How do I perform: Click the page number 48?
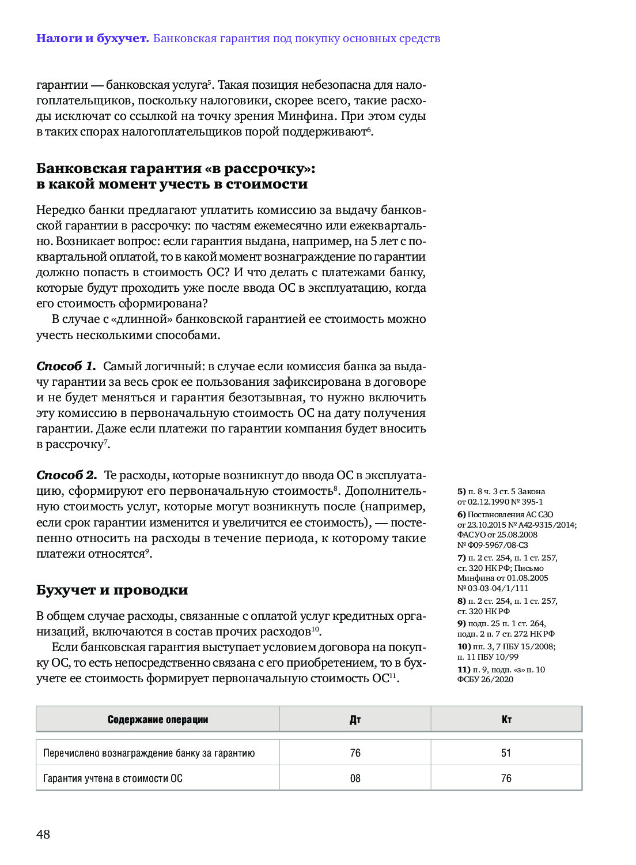click(x=43, y=834)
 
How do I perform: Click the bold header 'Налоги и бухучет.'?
click(x=92, y=39)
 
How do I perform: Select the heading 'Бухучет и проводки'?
click(x=112, y=590)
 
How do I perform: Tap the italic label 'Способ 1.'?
click(x=66, y=366)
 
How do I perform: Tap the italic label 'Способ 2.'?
click(x=66, y=475)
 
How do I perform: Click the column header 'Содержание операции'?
click(x=157, y=719)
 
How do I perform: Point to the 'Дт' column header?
click(x=355, y=719)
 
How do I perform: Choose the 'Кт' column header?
click(x=506, y=719)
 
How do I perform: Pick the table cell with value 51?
click(x=506, y=753)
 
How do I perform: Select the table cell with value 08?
click(x=355, y=778)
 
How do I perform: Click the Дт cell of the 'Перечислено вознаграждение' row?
click(x=355, y=753)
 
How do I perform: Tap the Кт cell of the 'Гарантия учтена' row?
click(x=506, y=778)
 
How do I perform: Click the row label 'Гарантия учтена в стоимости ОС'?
click(x=113, y=778)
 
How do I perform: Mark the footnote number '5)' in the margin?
click(x=461, y=492)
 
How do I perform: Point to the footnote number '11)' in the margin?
click(x=464, y=670)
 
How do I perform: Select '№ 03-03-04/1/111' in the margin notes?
click(x=493, y=588)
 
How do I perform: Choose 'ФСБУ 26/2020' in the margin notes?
click(x=485, y=679)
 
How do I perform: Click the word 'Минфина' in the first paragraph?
click(x=307, y=116)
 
